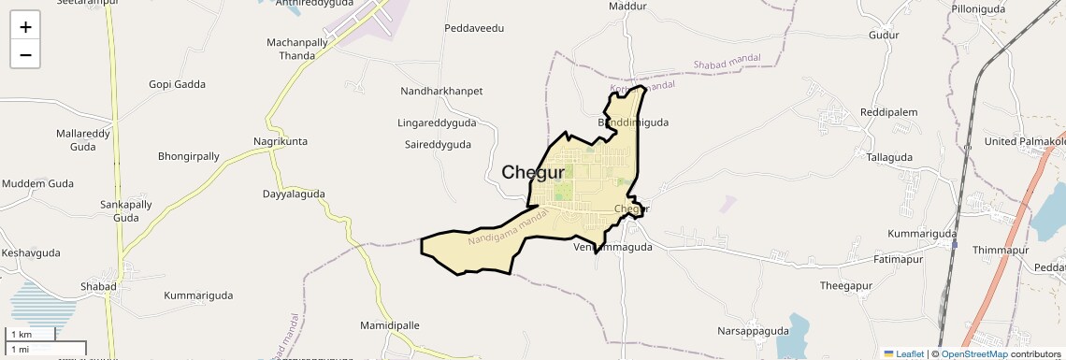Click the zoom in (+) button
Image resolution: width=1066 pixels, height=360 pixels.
[x=25, y=27]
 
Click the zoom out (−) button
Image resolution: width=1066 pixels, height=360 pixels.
[x=25, y=55]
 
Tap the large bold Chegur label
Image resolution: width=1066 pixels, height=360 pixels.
[x=533, y=172]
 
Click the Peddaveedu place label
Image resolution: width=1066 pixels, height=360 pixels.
[x=474, y=28]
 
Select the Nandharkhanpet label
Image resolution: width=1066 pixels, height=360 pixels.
[x=441, y=91]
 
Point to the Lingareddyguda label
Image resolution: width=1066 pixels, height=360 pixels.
[x=437, y=122]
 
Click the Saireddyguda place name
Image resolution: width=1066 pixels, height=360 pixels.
[x=438, y=145]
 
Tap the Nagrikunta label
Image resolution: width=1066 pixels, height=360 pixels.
[x=281, y=141]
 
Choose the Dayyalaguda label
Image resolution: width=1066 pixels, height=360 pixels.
[x=294, y=194]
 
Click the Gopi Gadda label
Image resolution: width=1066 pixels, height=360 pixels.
[x=177, y=84]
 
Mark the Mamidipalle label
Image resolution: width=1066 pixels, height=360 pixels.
[x=390, y=325]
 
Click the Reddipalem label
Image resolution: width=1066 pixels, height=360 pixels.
[x=889, y=112]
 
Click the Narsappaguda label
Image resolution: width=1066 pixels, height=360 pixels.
[x=753, y=331]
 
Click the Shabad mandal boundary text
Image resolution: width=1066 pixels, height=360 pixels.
[x=727, y=61]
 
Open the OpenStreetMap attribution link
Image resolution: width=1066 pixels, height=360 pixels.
[x=974, y=353]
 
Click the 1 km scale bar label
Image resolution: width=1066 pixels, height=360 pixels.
[x=22, y=334]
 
